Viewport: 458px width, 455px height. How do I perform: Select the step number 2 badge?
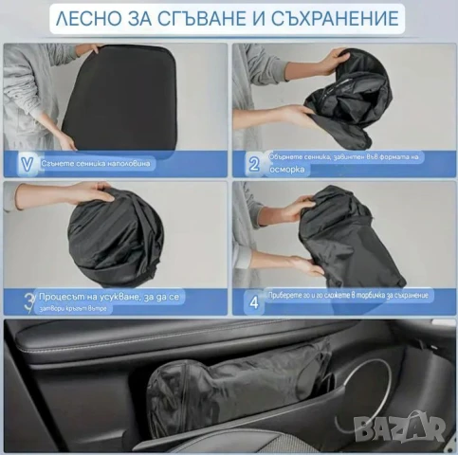tap(253, 163)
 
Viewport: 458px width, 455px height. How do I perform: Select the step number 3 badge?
tap(24, 302)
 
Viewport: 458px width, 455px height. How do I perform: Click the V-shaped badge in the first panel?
tap(25, 163)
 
